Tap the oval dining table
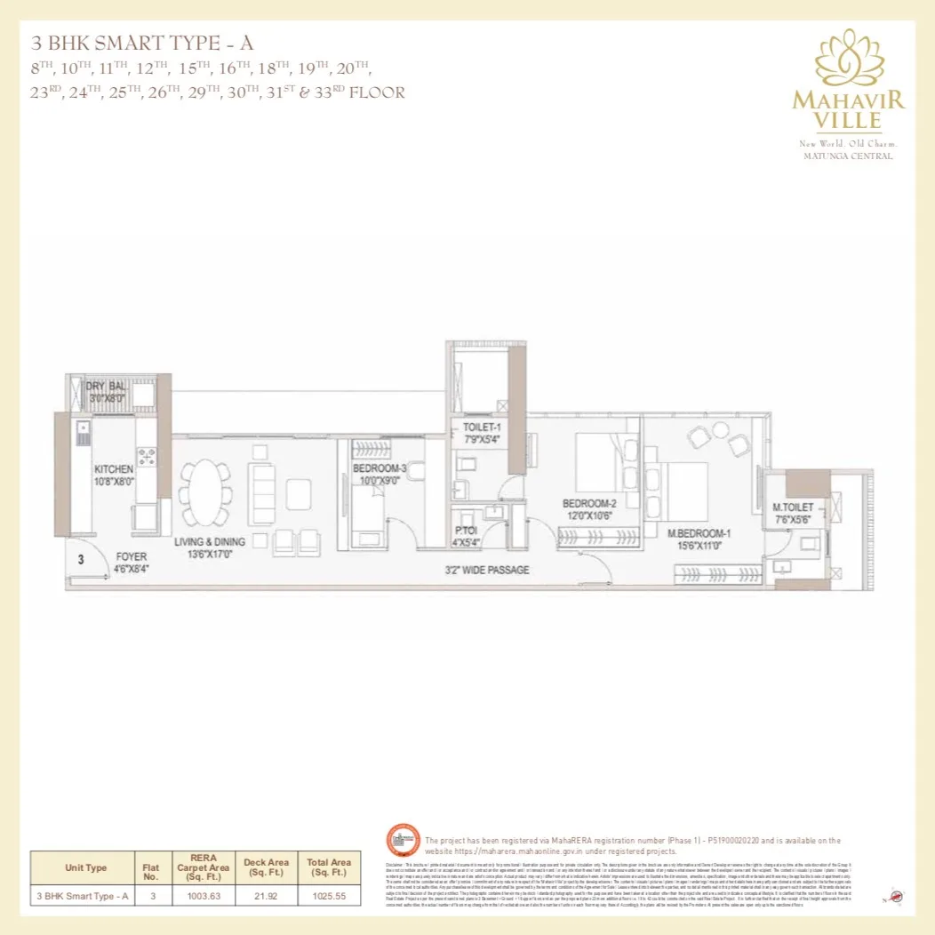click(206, 493)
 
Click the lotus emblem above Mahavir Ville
click(848, 58)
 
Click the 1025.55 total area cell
click(328, 896)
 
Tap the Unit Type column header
click(85, 867)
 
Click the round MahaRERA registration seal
click(403, 842)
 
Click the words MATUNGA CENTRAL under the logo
click(848, 156)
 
